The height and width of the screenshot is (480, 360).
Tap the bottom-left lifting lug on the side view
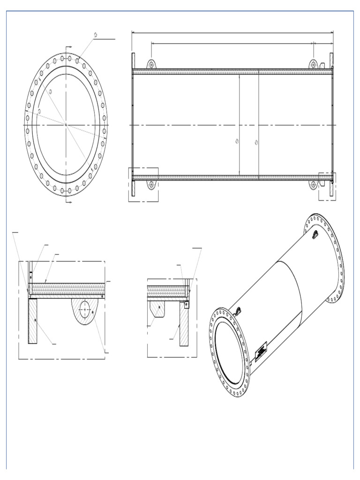point(151,184)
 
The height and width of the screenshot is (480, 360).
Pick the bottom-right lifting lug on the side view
point(313,184)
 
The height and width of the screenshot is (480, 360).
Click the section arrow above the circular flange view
point(68,48)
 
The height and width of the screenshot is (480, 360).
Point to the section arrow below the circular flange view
point(68,202)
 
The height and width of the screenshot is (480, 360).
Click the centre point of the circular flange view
point(66,125)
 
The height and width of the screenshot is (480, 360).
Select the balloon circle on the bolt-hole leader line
point(96,35)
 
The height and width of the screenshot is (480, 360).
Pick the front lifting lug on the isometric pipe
point(238,310)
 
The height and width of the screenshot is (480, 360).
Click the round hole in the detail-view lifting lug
point(85,310)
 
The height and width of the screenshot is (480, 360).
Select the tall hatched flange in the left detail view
point(32,321)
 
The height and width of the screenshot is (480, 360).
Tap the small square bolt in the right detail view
point(187,304)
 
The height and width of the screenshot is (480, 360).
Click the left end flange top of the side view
point(134,60)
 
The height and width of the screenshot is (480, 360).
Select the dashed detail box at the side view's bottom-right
point(327,186)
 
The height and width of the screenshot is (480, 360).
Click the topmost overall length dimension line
point(232,33)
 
